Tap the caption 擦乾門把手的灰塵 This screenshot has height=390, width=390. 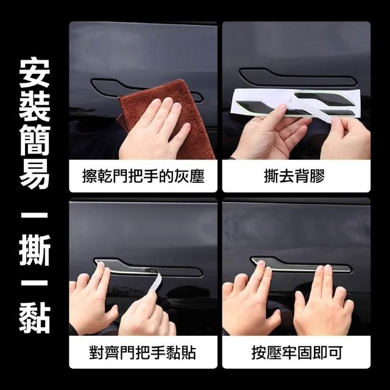coord(143,176)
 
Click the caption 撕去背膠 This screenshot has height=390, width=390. coord(294,176)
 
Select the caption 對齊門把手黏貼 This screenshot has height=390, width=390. coord(143,352)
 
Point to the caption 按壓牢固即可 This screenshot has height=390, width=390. coord(297,352)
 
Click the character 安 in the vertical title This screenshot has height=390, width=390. coord(35,73)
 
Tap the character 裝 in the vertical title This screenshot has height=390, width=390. coord(35,106)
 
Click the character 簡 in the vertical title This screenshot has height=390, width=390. coord(35,140)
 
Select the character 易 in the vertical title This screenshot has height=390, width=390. coord(35,173)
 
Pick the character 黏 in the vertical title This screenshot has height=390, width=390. coord(35,318)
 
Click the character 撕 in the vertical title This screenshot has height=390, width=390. coord(35,250)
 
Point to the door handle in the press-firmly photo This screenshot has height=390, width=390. coord(301,264)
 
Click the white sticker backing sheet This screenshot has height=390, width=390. coord(296,102)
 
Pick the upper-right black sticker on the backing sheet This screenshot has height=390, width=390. coord(321,98)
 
